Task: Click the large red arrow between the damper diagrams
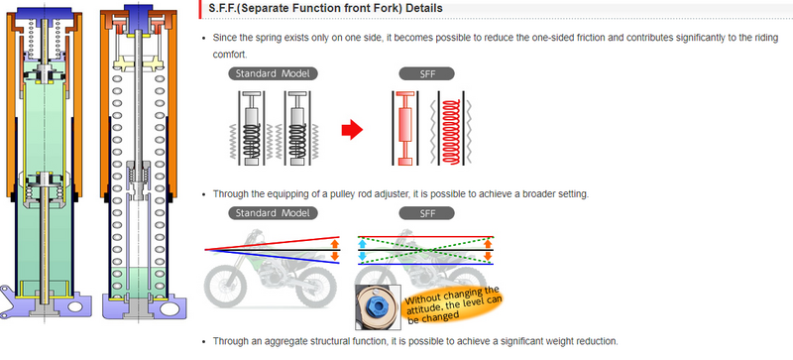(352, 130)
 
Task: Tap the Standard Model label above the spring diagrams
(273, 73)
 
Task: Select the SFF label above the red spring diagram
(427, 73)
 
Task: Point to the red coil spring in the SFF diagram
(451, 132)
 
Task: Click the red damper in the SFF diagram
(405, 129)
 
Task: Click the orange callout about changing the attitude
(453, 303)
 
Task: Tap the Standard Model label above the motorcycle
(273, 213)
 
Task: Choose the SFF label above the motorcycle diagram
(427, 213)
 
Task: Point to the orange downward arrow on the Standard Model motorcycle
(334, 256)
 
